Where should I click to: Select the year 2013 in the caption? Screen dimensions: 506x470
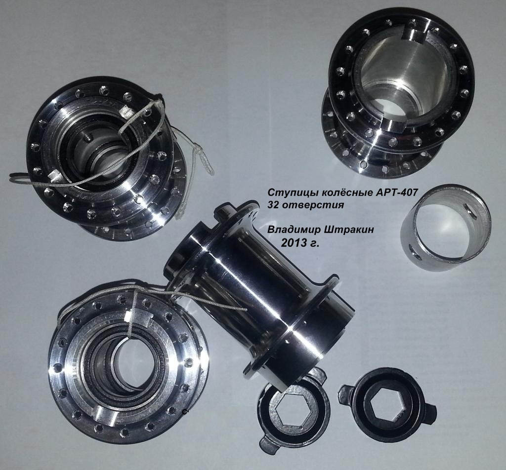[293, 243]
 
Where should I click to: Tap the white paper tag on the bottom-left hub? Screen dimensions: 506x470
[130, 317]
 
